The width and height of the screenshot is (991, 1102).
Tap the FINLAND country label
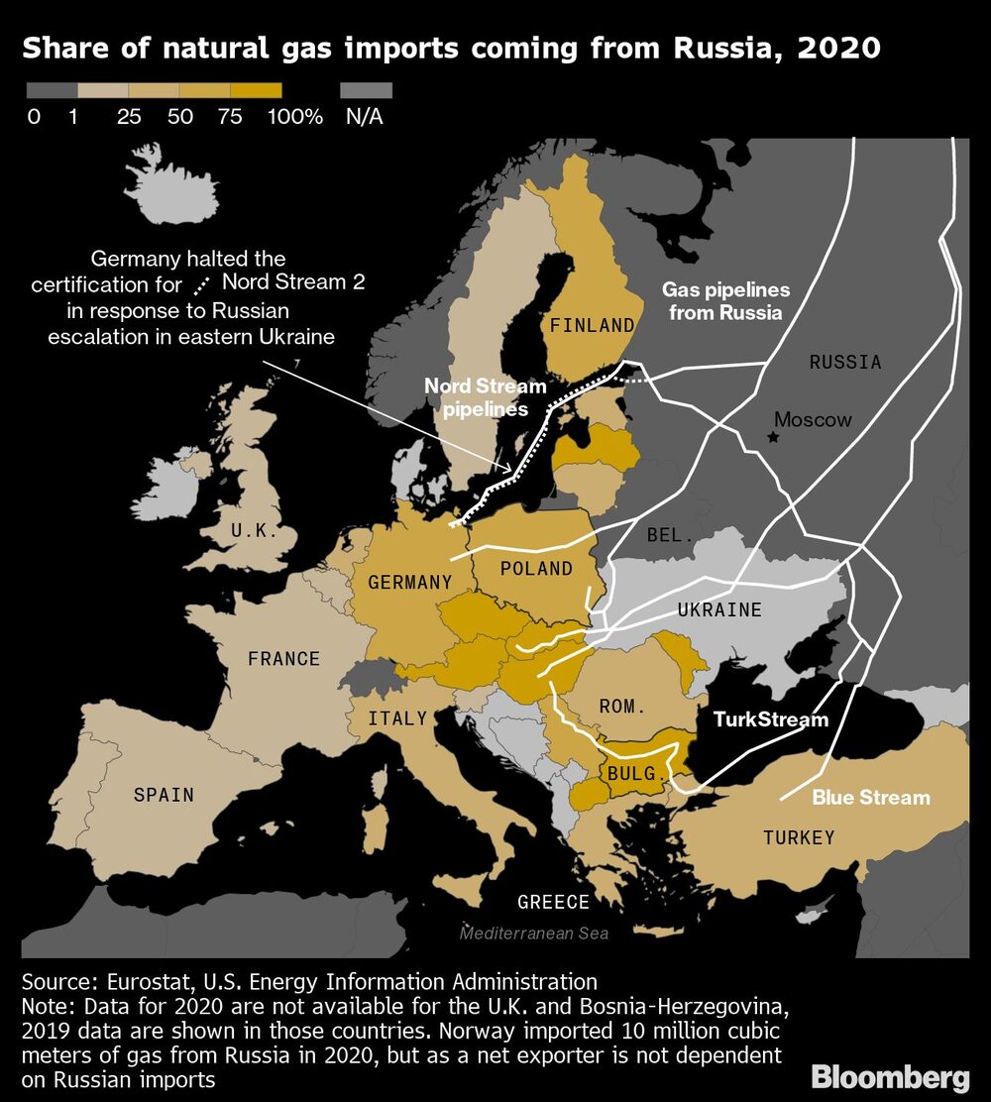[593, 325]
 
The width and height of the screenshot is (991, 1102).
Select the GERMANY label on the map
[409, 582]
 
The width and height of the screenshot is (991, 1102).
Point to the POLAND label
[536, 568]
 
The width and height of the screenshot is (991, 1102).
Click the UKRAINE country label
[719, 608]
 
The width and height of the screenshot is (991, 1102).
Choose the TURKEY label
[799, 837]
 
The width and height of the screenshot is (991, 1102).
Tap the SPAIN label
[164, 794]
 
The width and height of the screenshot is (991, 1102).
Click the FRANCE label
[283, 658]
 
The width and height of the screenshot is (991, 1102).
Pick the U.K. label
[254, 530]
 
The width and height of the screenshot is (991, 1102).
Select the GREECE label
[553, 902]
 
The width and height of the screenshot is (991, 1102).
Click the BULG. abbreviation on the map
[630, 773]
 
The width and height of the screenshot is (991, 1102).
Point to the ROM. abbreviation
[622, 707]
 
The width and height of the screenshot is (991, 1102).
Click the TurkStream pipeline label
[770, 718]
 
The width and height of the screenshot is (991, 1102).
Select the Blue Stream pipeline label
[871, 797]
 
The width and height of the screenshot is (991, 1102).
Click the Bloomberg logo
[890, 1077]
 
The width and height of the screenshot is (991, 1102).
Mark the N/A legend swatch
[366, 90]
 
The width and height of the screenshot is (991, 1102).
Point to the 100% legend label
[295, 116]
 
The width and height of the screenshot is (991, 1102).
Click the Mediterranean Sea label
[533, 934]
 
